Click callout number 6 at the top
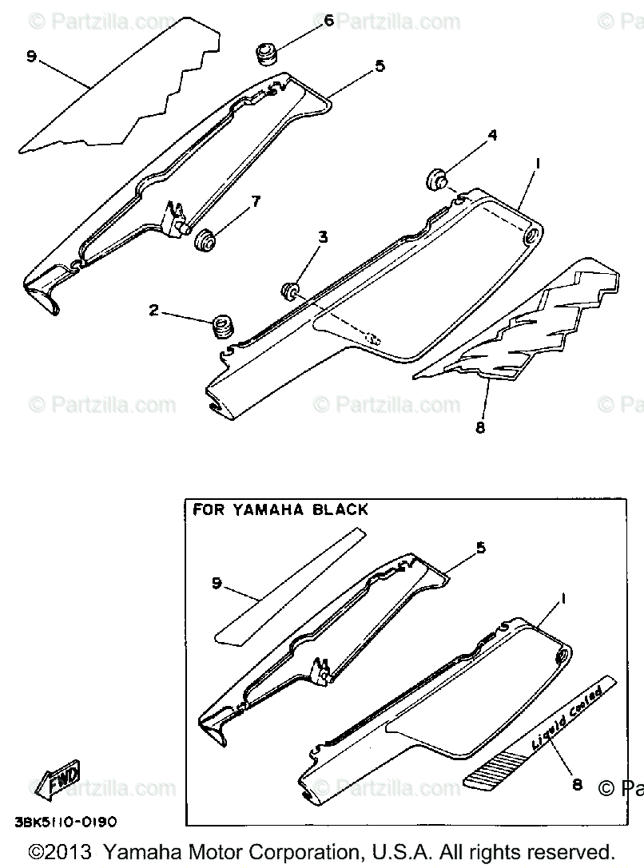pyautogui.click(x=328, y=22)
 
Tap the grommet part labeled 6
pyautogui.click(x=265, y=56)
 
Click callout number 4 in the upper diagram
pyautogui.click(x=492, y=136)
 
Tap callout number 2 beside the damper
pyautogui.click(x=153, y=310)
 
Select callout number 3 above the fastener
pyautogui.click(x=322, y=236)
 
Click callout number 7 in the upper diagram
pyautogui.click(x=256, y=200)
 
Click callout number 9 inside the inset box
pyautogui.click(x=217, y=584)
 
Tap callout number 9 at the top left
pyautogui.click(x=30, y=57)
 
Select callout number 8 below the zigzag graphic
pyautogui.click(x=480, y=428)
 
